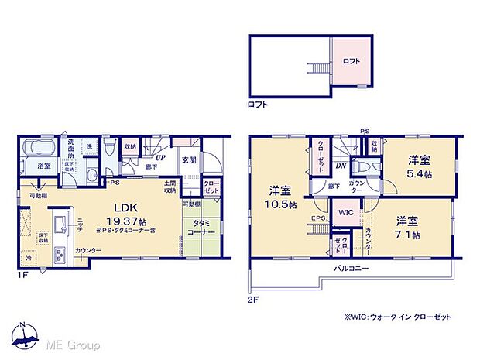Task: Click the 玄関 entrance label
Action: tap(188, 159)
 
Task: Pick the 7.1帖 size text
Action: tap(406, 234)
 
